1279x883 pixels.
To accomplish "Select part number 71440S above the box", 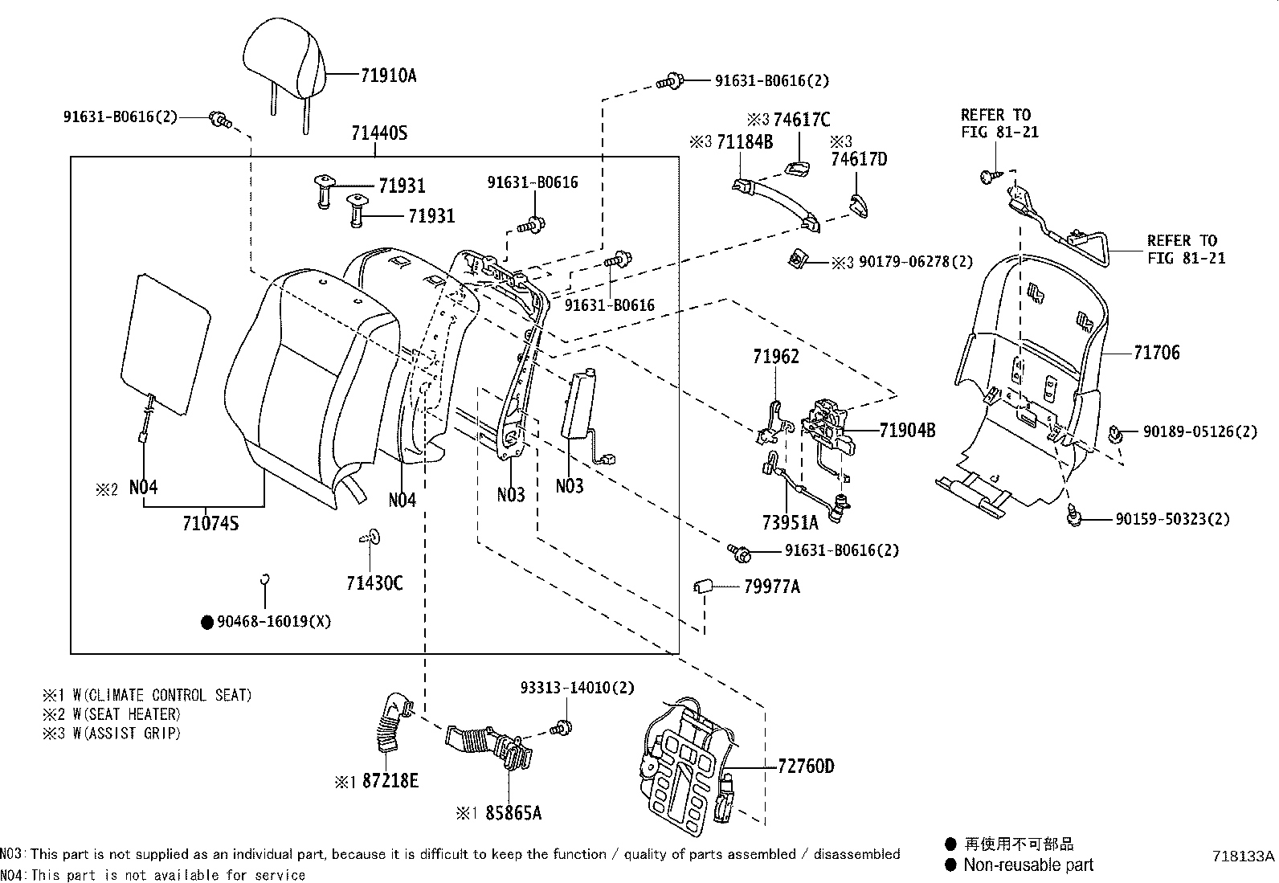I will click(378, 133).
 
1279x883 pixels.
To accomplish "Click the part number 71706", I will click(1156, 353).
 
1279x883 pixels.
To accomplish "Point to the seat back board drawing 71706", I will click(1028, 362).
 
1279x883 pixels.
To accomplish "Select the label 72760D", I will click(806, 766).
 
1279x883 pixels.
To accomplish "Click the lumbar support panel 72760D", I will click(688, 763).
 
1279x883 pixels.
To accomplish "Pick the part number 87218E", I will click(390, 781).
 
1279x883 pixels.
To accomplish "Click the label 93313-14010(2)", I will click(577, 688).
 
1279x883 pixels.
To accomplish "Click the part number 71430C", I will click(374, 583).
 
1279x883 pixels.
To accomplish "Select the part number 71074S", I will click(210, 525).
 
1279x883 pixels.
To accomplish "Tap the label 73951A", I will click(789, 523).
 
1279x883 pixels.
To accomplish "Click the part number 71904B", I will click(907, 431).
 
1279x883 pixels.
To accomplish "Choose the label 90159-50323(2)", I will click(1172, 520).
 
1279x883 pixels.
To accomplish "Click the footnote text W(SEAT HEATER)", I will click(126, 714).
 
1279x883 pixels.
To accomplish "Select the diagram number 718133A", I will click(1243, 856).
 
